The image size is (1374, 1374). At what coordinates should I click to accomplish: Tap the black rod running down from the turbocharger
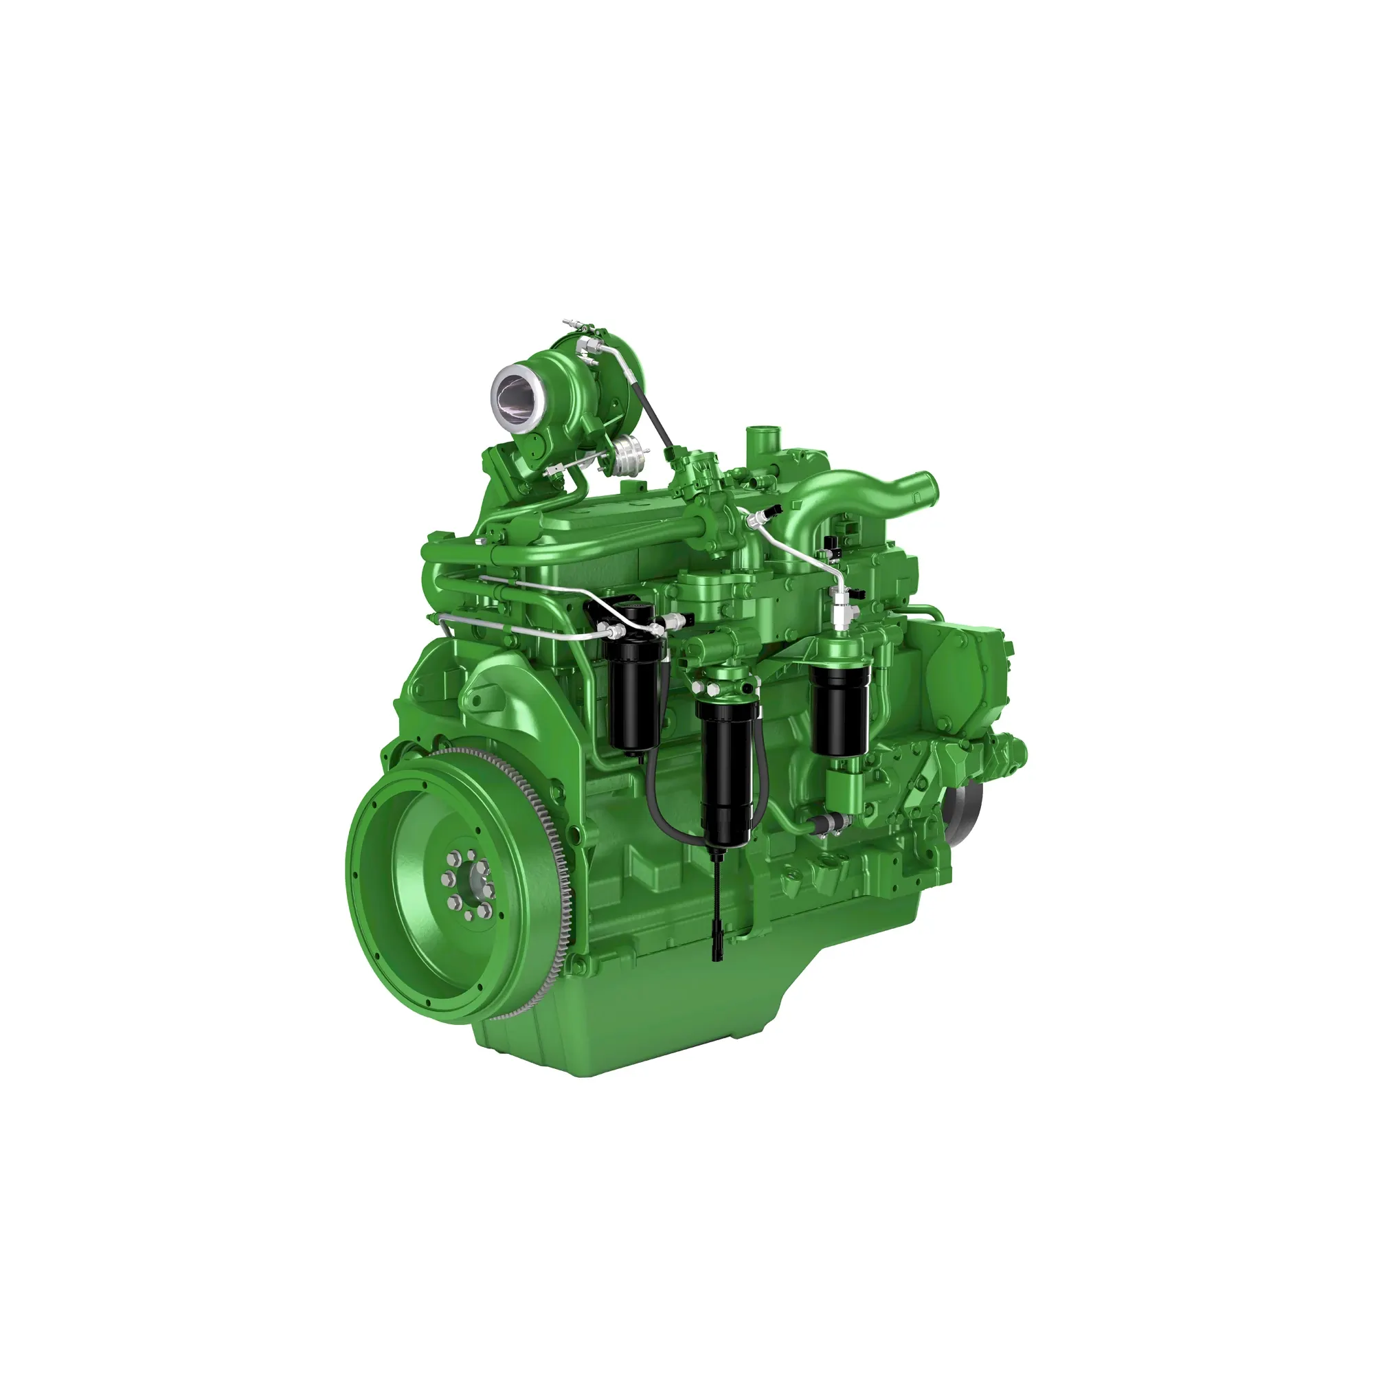(652, 412)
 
